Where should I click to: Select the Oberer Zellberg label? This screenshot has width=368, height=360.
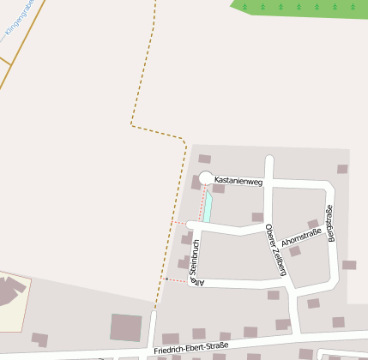point(274,249)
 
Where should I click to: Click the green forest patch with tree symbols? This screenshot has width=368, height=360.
point(300,7)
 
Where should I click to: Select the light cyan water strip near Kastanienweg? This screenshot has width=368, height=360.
point(208,207)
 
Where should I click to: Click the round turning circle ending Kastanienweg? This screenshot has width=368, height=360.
point(205,178)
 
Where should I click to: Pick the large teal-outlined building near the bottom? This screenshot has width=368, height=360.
point(126,327)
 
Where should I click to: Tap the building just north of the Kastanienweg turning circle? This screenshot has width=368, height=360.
point(204,159)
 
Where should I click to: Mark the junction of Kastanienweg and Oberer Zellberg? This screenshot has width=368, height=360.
point(268,183)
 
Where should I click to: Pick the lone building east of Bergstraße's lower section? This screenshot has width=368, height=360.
point(349,265)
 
